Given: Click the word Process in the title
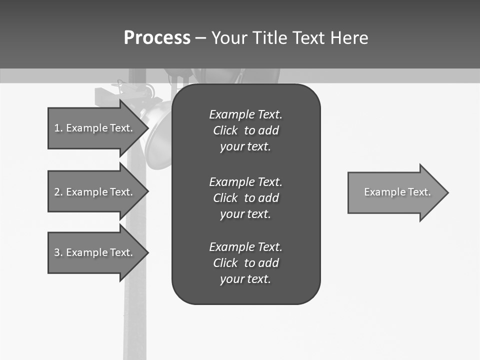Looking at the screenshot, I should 157,38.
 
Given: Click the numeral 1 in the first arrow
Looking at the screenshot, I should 57,128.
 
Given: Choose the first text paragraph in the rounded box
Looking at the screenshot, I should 245,130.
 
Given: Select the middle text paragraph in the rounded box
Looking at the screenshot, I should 245,198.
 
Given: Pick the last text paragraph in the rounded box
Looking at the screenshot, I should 245,263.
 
